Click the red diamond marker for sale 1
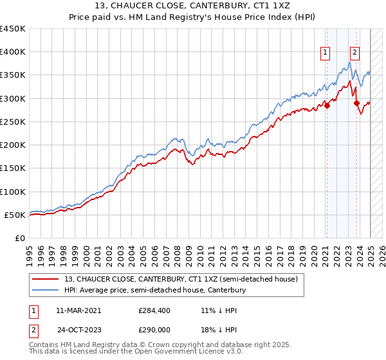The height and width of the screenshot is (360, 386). pyautogui.click(x=327, y=106)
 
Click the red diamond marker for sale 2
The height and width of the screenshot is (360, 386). pyautogui.click(x=356, y=102)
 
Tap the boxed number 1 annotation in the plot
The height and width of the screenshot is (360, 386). pyautogui.click(x=326, y=53)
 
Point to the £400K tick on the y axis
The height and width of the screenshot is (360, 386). pyautogui.click(x=13, y=52)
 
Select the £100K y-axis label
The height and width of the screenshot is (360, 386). pyautogui.click(x=13, y=192)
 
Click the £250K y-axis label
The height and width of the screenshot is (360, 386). pyautogui.click(x=13, y=122)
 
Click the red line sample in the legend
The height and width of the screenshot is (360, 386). pyautogui.click(x=46, y=280)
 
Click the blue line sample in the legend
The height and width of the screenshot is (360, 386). pyautogui.click(x=46, y=291)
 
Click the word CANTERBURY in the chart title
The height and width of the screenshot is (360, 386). pyautogui.click(x=223, y=7)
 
